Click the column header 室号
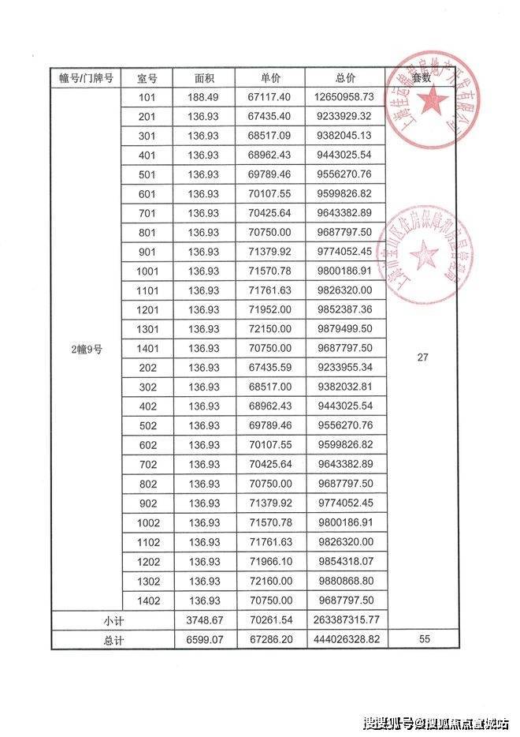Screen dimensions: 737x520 coord(147,78)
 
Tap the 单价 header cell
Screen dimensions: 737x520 coord(270,78)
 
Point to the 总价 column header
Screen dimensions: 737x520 coord(345,78)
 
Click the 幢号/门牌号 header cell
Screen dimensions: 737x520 coord(87,78)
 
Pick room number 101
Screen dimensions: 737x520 coord(147,98)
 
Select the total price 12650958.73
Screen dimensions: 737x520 coord(345,98)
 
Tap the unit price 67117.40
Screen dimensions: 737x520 coord(270,98)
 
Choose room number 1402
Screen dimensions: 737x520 coord(147,600)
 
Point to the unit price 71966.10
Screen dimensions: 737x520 coord(270,561)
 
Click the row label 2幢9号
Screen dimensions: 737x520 coord(87,350)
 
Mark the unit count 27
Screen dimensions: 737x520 coord(422,357)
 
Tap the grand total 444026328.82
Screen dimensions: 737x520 coord(345,639)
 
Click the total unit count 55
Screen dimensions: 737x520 coord(422,639)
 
